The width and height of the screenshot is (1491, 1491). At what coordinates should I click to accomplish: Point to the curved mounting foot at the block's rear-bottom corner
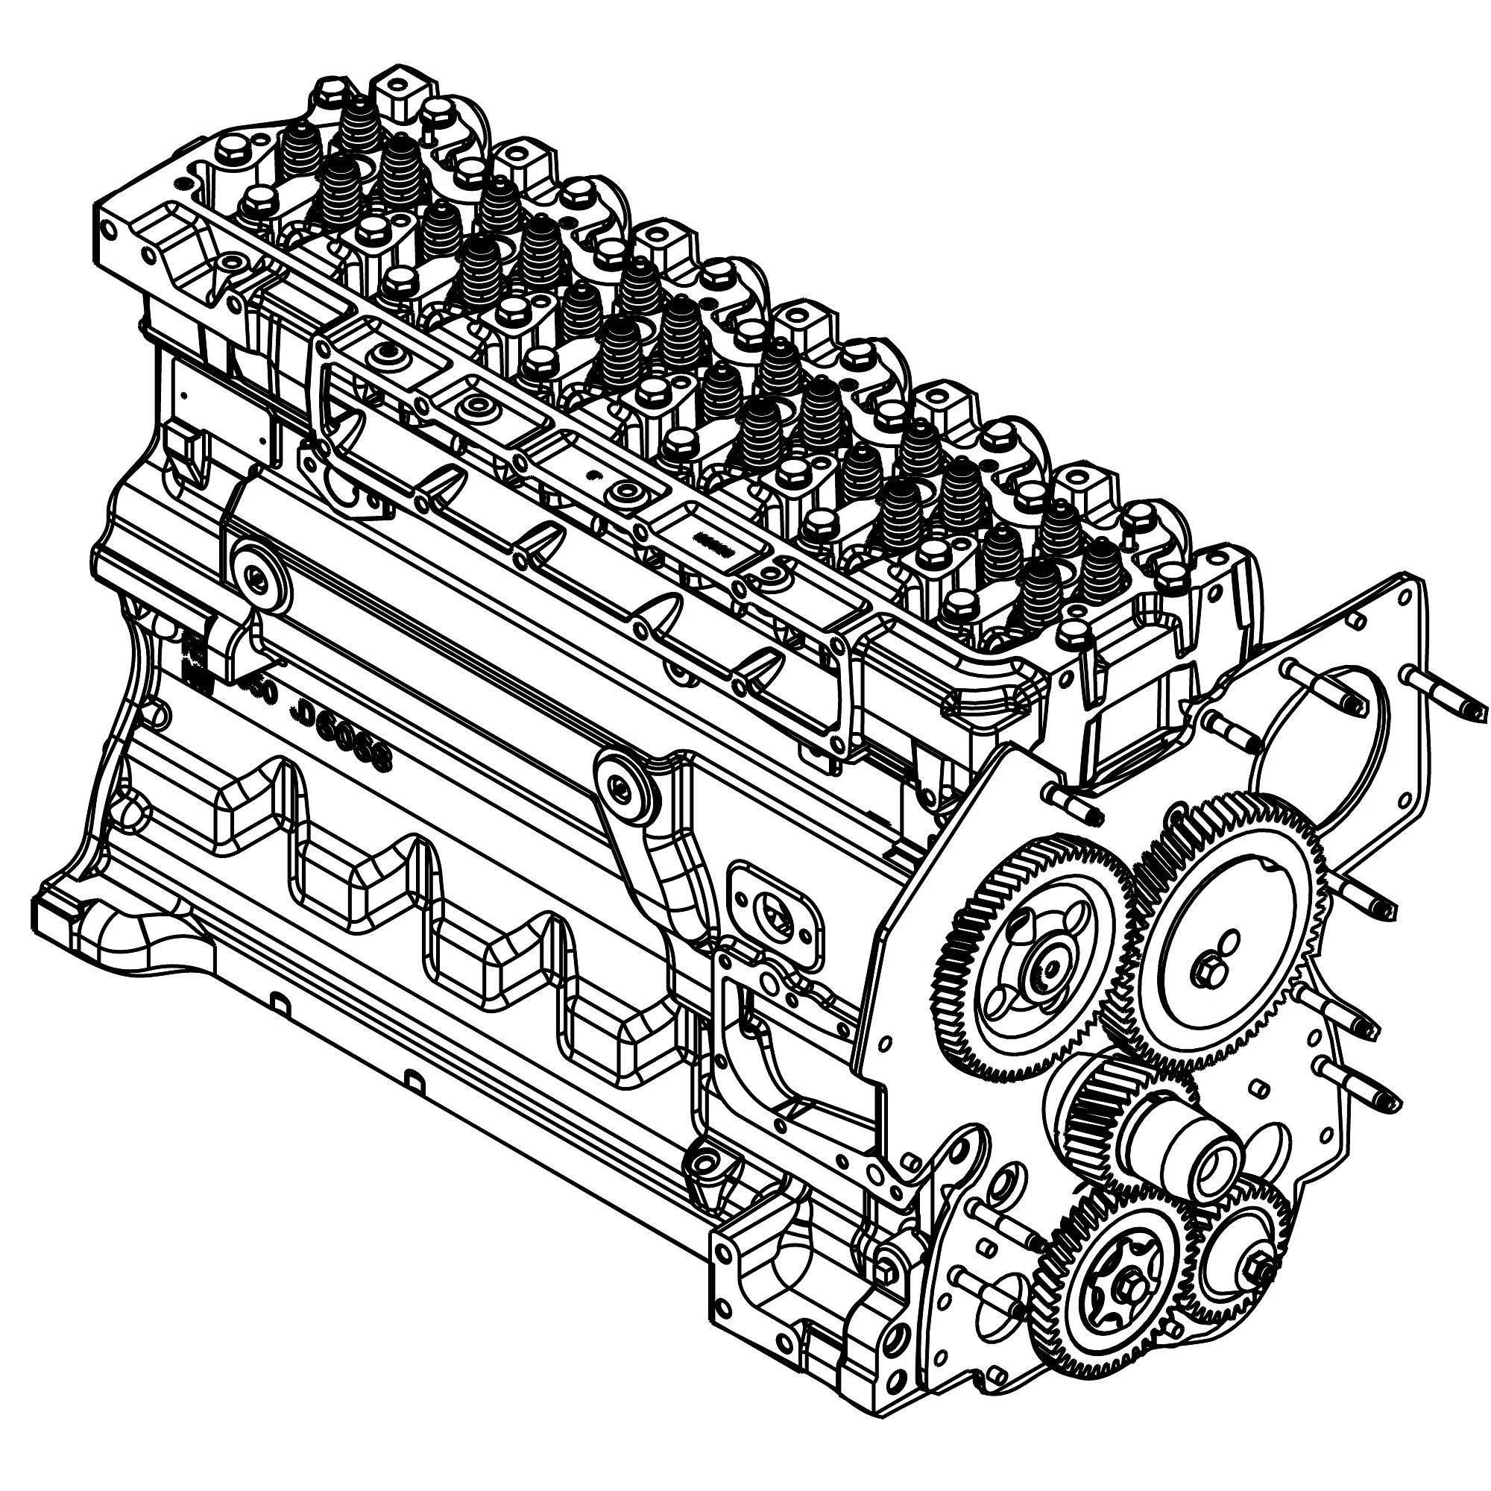pyautogui.click(x=116, y=926)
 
